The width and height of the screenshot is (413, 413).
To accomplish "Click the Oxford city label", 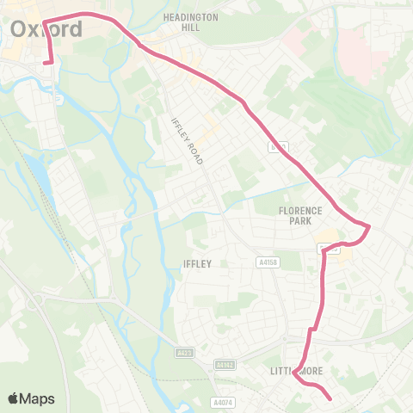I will pos(47,29).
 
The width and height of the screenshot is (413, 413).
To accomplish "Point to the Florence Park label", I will pos(299,215).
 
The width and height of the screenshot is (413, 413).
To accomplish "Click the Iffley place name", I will pos(196,264).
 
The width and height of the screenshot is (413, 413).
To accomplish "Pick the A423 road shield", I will pos(184,352).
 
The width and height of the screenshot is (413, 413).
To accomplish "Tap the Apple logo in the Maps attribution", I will pos(14,398).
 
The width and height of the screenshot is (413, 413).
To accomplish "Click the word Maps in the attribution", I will pos(38,398).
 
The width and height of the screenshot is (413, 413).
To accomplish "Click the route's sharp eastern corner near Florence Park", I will pos(368,227).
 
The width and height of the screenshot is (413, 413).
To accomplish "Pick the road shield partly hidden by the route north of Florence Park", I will pos(277,147).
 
